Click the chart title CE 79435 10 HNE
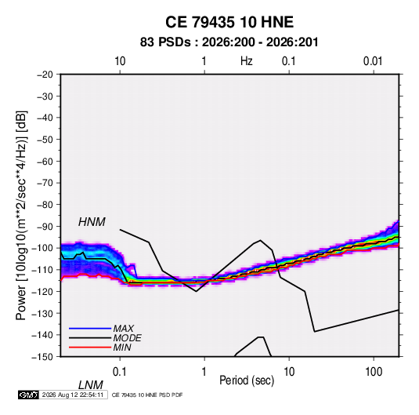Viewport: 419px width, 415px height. (229, 22)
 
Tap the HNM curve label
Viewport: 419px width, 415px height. (92, 222)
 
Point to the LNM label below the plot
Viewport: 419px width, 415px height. (91, 385)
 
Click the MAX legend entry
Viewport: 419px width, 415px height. (124, 329)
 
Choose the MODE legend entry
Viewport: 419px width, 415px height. (127, 338)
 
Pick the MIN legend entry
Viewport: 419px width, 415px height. (122, 348)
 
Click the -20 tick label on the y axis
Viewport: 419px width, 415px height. (45, 75)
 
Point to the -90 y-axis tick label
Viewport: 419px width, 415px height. (45, 226)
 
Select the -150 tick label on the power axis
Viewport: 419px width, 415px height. (42, 357)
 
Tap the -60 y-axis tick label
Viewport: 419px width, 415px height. (45, 161)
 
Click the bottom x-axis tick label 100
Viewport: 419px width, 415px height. (374, 372)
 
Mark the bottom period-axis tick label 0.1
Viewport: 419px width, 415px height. (119, 372)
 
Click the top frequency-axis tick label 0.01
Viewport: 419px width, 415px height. (373, 61)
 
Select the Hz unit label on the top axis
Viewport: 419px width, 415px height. (247, 61)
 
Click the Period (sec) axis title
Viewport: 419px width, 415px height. (247, 380)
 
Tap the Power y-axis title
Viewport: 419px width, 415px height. (21, 216)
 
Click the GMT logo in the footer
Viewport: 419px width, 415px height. (28, 395)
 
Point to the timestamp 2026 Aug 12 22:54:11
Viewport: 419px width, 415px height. (73, 395)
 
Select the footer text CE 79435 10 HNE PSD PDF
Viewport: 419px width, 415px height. (147, 395)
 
